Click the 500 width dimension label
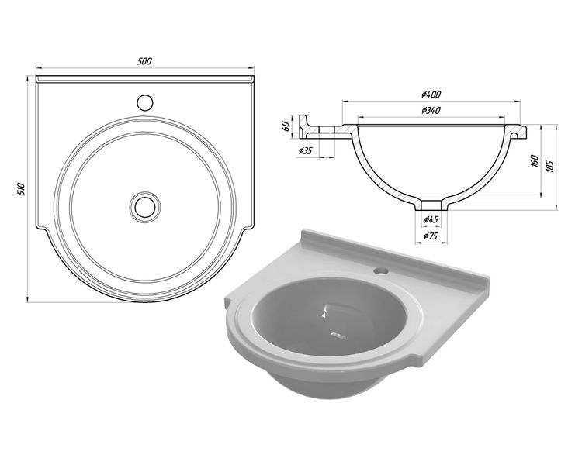(x=144, y=61)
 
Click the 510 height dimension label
(x=21, y=189)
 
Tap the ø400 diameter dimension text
(x=431, y=95)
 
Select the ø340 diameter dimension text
(x=431, y=110)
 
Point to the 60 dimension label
(x=286, y=126)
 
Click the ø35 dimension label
(x=306, y=150)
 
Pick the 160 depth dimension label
(x=534, y=161)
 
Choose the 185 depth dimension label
(x=550, y=166)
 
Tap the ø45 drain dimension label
(x=431, y=219)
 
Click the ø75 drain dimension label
(x=431, y=235)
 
